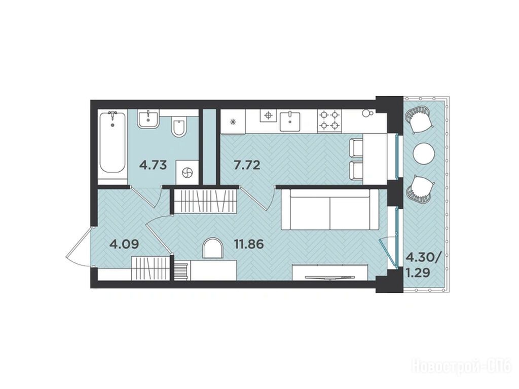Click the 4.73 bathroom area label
(x=153, y=165)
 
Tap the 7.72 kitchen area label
(x=247, y=165)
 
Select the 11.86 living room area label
(x=249, y=245)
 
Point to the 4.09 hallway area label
(x=124, y=245)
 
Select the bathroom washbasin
(x=149, y=119)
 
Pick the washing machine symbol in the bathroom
(x=188, y=172)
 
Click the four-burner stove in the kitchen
(x=329, y=121)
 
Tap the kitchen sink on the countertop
(x=290, y=122)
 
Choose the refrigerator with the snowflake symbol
(x=233, y=122)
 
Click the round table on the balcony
(x=424, y=153)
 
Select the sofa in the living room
(x=329, y=209)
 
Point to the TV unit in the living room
(x=330, y=272)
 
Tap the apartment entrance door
(x=80, y=246)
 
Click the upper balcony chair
(x=418, y=119)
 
